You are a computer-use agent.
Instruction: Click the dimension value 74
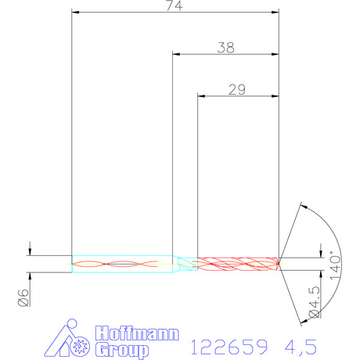tap(175, 5)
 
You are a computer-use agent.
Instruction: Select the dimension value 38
tap(226, 48)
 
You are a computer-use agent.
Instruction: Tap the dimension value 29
tap(237, 90)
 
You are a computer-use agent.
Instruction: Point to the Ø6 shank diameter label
tap(23, 297)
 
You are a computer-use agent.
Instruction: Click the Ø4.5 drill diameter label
tap(314, 302)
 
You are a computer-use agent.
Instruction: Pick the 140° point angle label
tap(336, 265)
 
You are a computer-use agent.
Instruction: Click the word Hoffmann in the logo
tap(137, 333)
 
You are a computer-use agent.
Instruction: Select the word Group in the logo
tap(121, 351)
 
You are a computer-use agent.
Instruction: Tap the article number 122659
tap(229, 347)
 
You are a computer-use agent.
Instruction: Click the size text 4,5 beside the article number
tap(301, 347)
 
